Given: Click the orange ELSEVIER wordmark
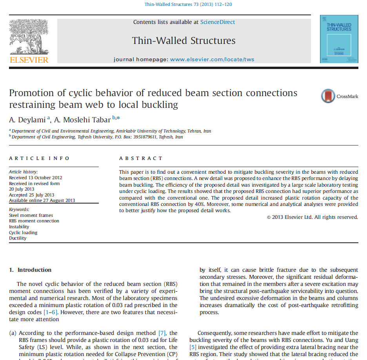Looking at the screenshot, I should [x=29, y=60].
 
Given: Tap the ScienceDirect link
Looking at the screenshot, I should [x=218, y=22].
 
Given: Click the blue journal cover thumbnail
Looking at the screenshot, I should [x=339, y=39].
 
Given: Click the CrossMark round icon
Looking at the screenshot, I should [x=328, y=96].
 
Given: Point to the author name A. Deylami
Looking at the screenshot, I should [x=27, y=120].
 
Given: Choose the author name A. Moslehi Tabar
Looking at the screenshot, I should [x=82, y=120].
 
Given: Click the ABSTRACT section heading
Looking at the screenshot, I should [x=141, y=158].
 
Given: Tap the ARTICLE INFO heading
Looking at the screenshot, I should [x=39, y=158].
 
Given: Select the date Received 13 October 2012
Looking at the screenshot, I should [x=36, y=178].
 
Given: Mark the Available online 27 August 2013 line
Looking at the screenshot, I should [x=42, y=200].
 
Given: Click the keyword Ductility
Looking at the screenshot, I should [x=18, y=238].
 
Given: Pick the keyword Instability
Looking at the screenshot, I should [x=19, y=227].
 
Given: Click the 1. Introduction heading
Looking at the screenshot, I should [x=30, y=270].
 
